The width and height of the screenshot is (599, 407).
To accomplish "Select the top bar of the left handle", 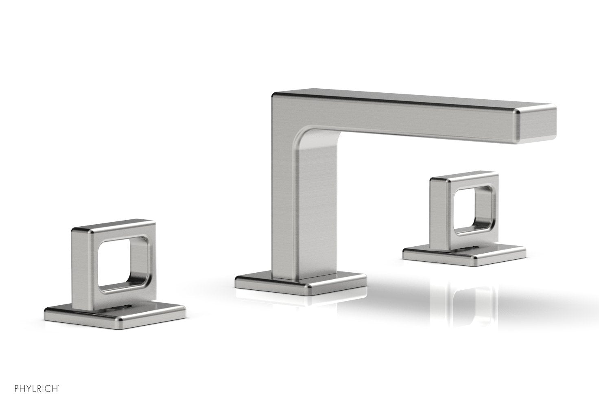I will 114,228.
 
